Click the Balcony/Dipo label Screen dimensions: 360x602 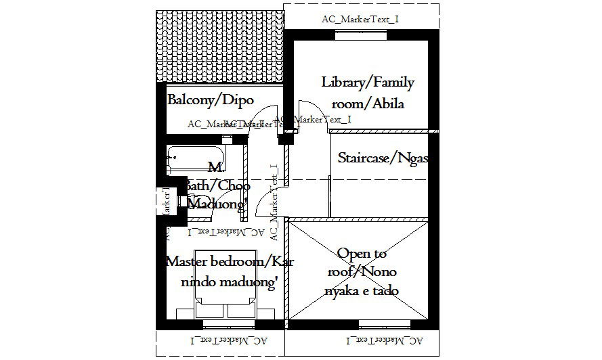[210, 100]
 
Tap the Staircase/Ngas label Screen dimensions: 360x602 [383, 158]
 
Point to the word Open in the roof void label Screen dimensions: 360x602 [352, 254]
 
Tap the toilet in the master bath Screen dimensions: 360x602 [184, 201]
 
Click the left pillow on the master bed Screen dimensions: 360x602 [211, 310]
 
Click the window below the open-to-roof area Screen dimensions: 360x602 [384, 323]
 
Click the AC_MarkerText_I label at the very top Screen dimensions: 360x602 [360, 19]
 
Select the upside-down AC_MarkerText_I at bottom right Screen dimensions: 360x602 [384, 340]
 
